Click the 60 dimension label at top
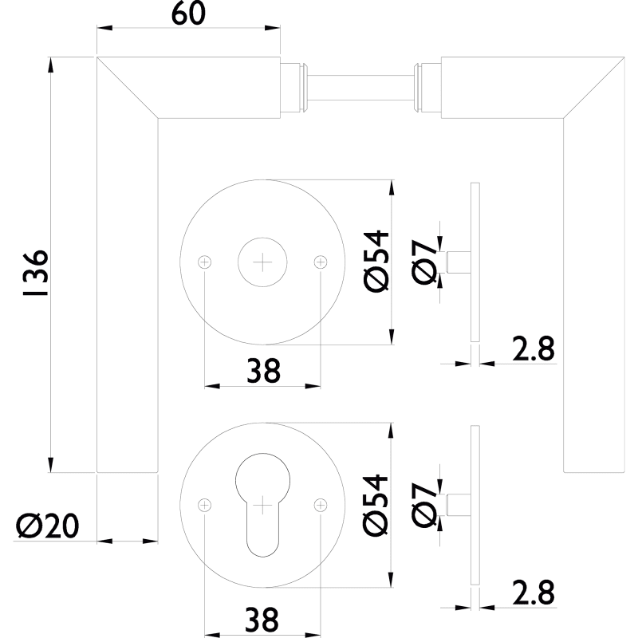coord(188,14)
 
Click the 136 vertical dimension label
coord(36,274)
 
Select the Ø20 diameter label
coord(47,526)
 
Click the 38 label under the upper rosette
coord(264,371)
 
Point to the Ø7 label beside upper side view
coord(424,262)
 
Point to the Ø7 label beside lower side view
coord(424,505)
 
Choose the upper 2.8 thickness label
coord(534,349)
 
